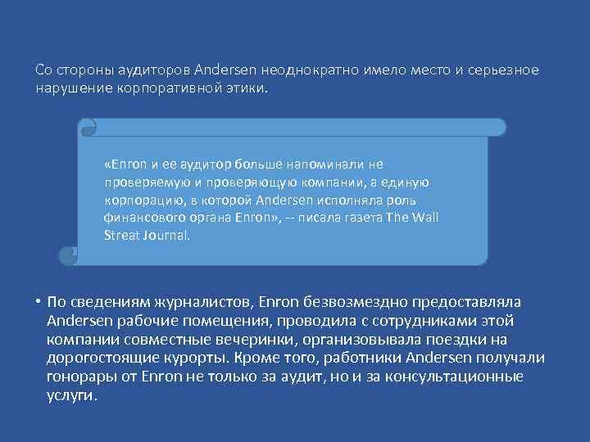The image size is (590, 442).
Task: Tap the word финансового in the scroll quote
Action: (141, 218)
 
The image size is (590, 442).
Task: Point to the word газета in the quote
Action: (359, 218)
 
